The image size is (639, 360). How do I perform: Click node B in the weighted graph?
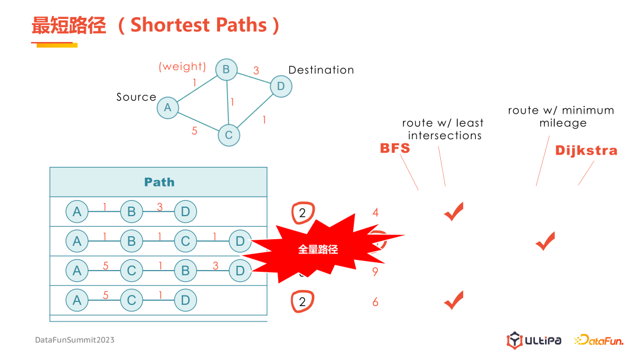click(226, 70)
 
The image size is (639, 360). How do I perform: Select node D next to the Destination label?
click(280, 86)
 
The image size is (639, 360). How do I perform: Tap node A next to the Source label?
click(168, 107)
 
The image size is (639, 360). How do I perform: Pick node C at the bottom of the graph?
click(228, 135)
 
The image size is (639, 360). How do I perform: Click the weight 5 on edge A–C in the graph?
click(195, 131)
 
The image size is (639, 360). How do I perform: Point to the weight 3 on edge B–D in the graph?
click(256, 70)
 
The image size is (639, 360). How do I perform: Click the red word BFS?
click(395, 148)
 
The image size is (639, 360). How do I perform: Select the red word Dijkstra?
click(586, 151)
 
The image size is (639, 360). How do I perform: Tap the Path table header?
click(159, 182)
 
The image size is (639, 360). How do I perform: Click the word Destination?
click(321, 70)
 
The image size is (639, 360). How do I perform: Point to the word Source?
click(136, 97)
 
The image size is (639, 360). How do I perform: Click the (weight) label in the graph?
click(182, 67)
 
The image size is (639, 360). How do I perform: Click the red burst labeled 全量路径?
click(318, 249)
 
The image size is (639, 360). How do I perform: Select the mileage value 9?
click(375, 272)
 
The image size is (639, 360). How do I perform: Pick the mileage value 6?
click(375, 302)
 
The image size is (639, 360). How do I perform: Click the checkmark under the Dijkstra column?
click(545, 242)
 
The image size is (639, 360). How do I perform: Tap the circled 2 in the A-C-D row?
click(302, 302)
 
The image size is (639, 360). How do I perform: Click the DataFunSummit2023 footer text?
click(75, 340)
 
